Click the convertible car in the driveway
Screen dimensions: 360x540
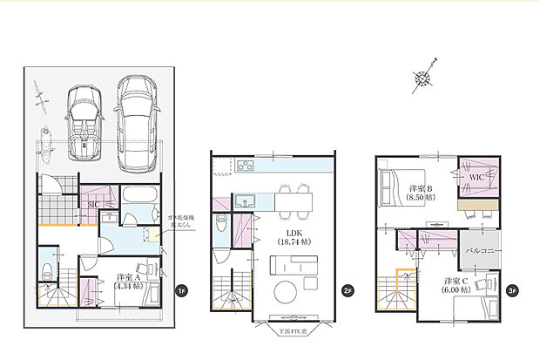tap(86, 123)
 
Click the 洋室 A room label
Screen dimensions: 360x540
tap(130, 282)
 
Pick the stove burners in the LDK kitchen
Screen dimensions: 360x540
tap(245, 166)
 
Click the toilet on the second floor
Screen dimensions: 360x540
tap(220, 221)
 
